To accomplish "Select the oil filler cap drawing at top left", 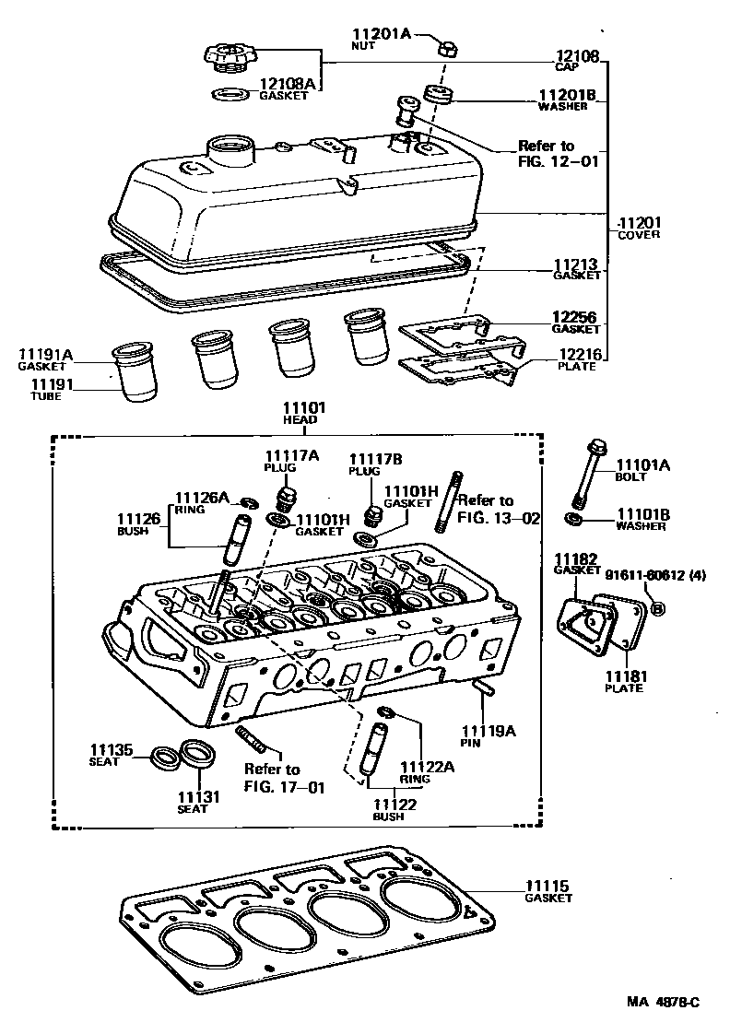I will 229,56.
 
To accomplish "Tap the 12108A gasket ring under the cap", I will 230,93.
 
